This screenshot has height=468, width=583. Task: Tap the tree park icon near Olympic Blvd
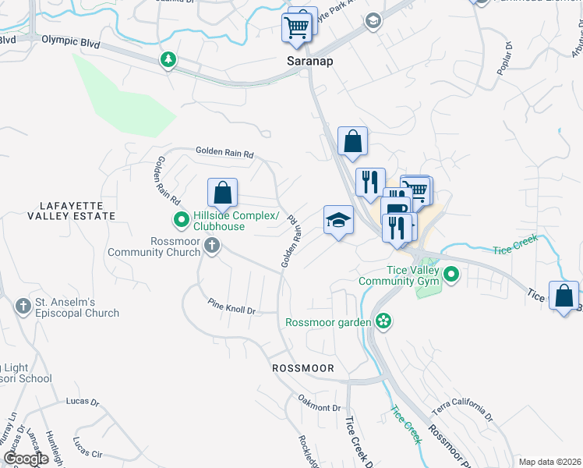click(168, 59)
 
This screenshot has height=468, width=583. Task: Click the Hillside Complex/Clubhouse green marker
click(181, 221)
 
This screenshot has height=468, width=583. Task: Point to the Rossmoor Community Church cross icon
click(211, 246)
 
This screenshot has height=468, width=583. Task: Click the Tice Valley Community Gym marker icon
click(451, 275)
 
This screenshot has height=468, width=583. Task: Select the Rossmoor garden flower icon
click(383, 321)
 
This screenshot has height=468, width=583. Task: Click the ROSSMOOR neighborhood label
click(303, 367)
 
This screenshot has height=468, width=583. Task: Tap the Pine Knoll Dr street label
click(231, 306)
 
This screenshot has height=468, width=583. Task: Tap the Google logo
click(26, 459)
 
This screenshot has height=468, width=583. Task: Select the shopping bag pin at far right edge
click(564, 296)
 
